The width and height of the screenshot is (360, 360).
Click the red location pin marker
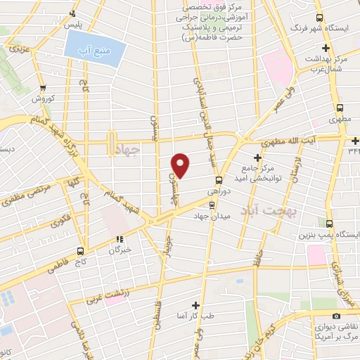181,164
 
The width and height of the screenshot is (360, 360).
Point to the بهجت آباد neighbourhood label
269,210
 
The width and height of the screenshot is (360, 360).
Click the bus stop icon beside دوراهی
219,179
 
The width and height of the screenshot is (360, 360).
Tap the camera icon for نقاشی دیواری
337,316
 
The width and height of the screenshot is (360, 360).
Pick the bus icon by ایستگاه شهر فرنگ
319,18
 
